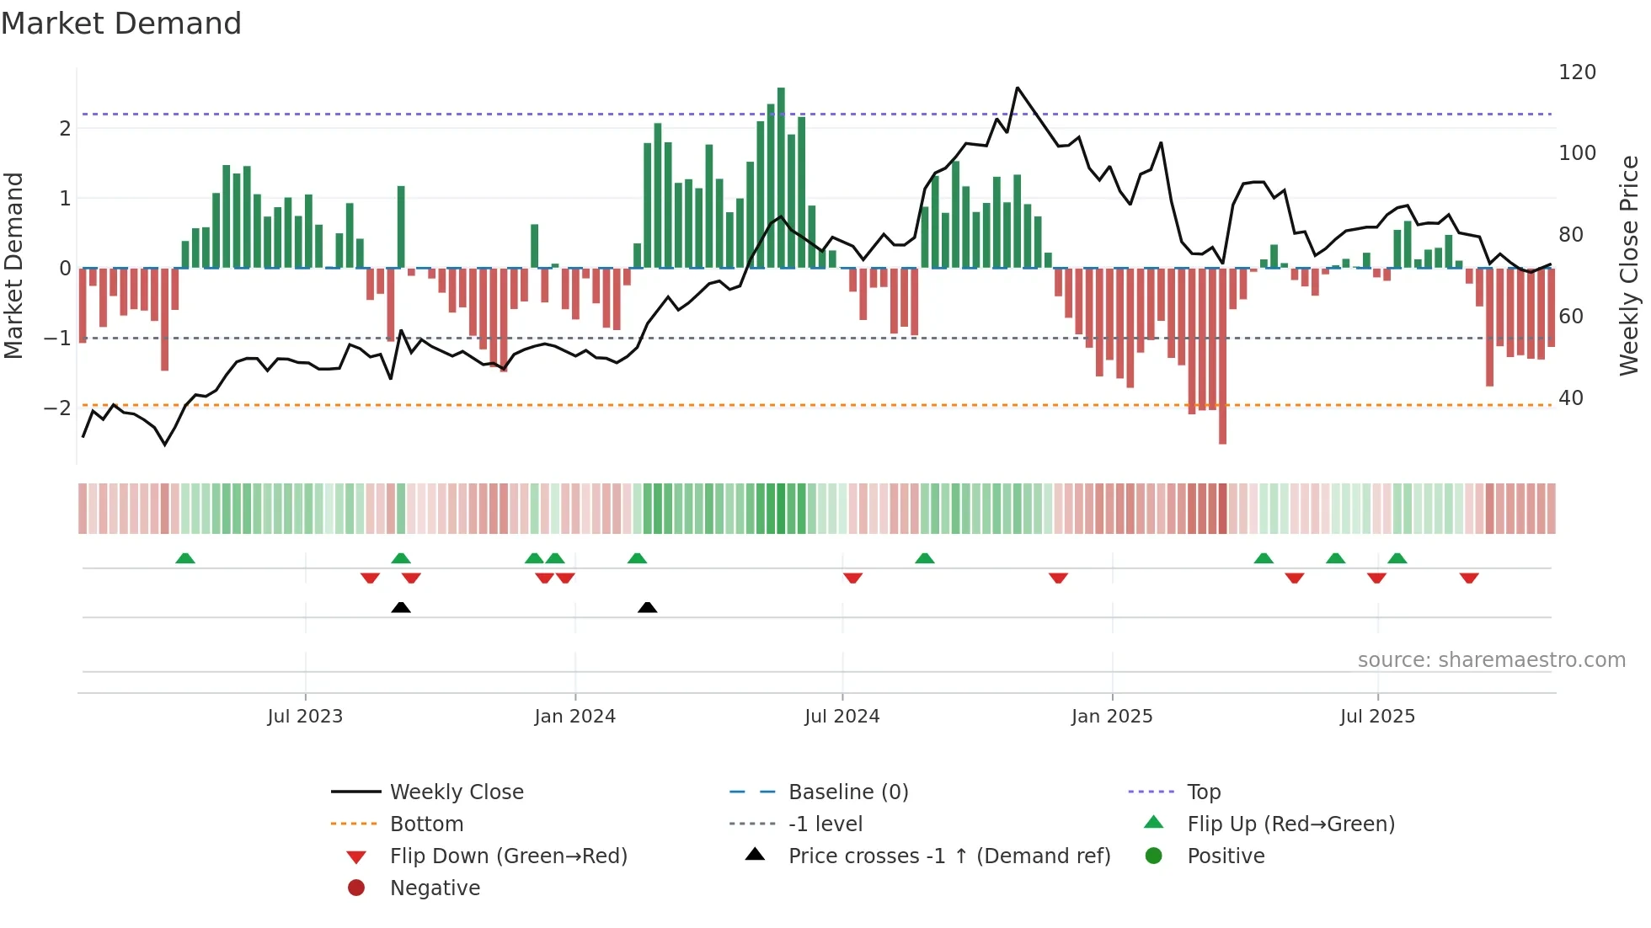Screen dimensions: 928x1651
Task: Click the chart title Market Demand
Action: pyautogui.click(x=121, y=24)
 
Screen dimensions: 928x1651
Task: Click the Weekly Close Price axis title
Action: pyautogui.click(x=1629, y=265)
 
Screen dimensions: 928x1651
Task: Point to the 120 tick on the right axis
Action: pyautogui.click(x=1577, y=72)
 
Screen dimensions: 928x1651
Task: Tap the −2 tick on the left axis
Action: pyautogui.click(x=58, y=408)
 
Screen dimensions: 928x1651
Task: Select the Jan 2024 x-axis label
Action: pyautogui.click(x=574, y=717)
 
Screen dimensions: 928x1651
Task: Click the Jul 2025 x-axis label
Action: pyautogui.click(x=1377, y=717)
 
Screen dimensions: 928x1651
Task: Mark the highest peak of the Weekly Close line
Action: pyautogui.click(x=1018, y=88)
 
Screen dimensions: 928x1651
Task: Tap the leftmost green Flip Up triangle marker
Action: pyautogui.click(x=185, y=558)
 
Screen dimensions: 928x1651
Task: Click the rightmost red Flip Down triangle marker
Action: pyautogui.click(x=1469, y=578)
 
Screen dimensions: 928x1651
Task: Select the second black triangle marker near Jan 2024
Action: pyautogui.click(x=647, y=607)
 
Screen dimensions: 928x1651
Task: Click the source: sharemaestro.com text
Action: pyautogui.click(x=1491, y=660)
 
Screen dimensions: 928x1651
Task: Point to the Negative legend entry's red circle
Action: pyautogui.click(x=356, y=888)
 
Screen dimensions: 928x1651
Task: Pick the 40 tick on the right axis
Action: pyautogui.click(x=1570, y=398)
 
